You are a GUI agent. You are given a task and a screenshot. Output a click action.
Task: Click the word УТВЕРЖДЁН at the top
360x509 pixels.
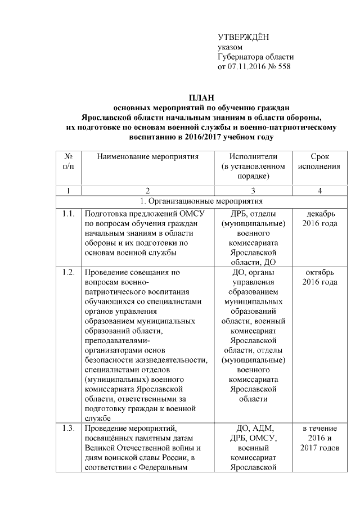point(243,37)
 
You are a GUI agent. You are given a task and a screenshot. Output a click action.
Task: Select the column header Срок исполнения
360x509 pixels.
point(319,161)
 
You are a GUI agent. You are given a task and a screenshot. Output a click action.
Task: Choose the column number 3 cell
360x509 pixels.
point(253,191)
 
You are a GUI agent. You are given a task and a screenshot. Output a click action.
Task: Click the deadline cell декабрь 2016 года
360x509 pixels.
point(319,218)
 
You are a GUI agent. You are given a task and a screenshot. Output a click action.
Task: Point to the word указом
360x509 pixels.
point(230,47)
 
